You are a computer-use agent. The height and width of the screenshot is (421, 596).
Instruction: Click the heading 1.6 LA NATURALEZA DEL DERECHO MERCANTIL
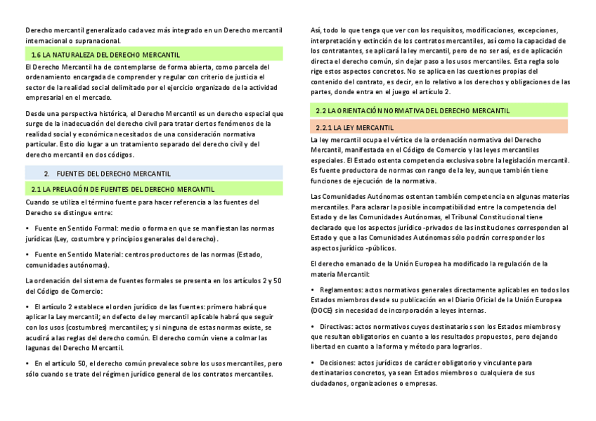coord(105,54)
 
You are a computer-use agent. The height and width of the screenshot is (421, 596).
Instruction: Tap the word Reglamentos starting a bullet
coord(339,290)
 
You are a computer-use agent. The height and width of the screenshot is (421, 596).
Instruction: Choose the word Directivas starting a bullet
coord(335,327)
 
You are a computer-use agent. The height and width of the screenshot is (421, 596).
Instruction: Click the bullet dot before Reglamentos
coord(313,290)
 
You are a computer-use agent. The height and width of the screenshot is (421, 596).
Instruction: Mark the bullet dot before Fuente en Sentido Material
coord(27,254)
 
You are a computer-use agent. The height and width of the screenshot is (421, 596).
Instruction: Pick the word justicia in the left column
coord(244,77)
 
